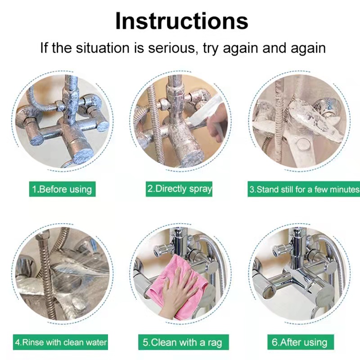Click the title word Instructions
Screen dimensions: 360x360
point(182,21)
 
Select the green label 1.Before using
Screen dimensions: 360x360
point(62,189)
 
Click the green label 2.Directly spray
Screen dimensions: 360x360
point(179,189)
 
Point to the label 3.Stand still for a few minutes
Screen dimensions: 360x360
point(304,189)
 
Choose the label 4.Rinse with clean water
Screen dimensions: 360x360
point(60,342)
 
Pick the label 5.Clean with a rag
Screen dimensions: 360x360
point(184,342)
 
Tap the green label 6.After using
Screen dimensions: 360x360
point(301,342)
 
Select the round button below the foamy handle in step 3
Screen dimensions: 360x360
point(303,145)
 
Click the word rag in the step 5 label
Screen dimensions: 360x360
point(215,343)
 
